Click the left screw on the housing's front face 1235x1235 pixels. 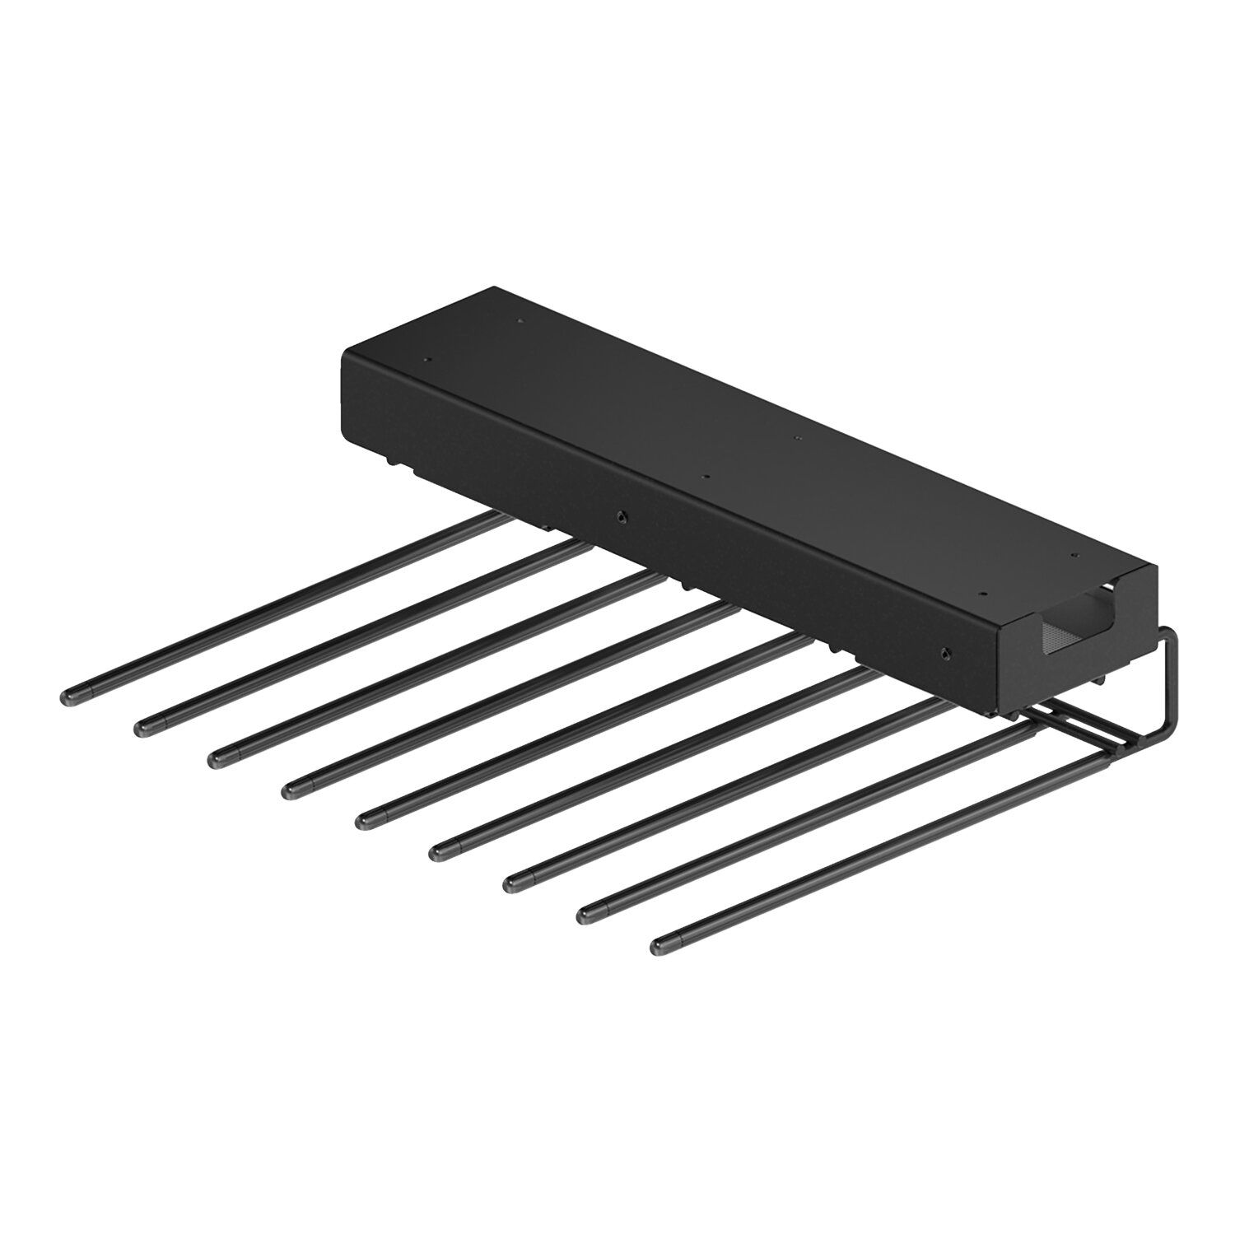621,516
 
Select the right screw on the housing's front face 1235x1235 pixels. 944,654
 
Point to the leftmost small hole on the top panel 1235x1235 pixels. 426,360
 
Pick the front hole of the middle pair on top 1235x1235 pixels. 705,476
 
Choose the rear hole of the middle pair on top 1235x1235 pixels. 796,438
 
